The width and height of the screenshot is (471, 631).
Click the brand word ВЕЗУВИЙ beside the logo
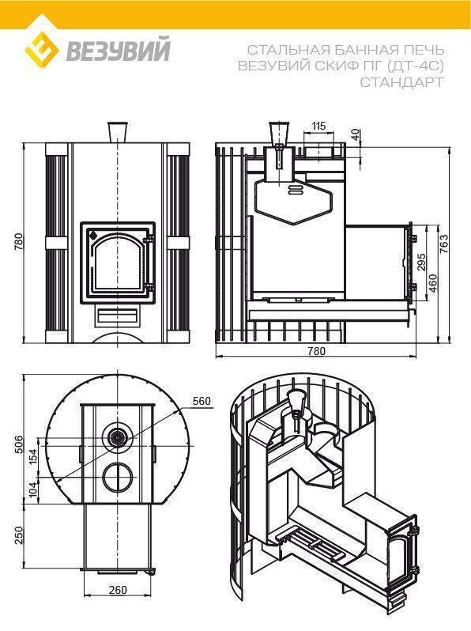click(118, 49)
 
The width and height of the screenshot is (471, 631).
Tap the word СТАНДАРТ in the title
click(401, 81)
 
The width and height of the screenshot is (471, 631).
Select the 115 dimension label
click(318, 126)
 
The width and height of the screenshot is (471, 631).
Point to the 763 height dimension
click(443, 244)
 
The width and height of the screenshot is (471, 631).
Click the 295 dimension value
click(421, 263)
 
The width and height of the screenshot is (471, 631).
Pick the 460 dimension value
click(433, 283)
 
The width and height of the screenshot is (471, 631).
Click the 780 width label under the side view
click(317, 351)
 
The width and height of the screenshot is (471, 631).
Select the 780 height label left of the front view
click(19, 242)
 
